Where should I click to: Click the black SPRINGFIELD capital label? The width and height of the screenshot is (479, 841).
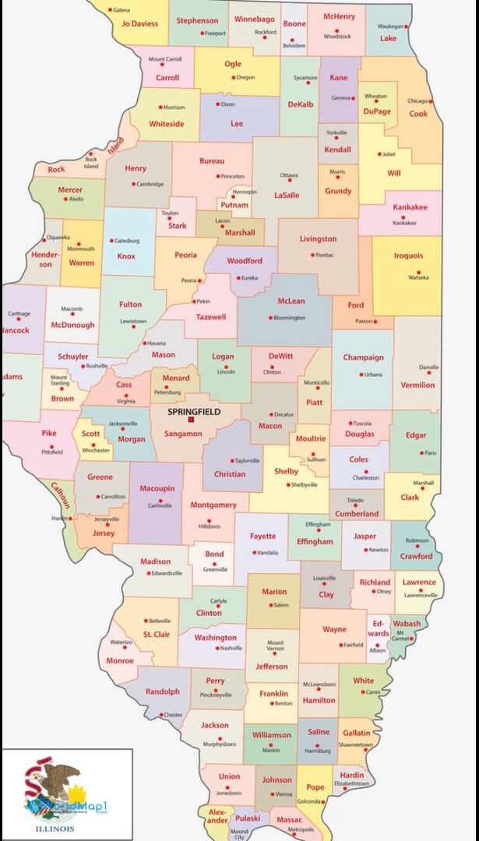(x=194, y=411)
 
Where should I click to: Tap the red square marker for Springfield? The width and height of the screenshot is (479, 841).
(x=191, y=420)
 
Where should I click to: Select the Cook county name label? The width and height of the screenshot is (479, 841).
(x=418, y=114)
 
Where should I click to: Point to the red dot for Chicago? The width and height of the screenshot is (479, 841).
(x=431, y=101)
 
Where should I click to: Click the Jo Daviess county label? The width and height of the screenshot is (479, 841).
(x=139, y=24)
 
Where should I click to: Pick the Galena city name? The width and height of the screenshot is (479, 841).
(x=122, y=10)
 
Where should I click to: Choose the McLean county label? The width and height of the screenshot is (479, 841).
(x=291, y=301)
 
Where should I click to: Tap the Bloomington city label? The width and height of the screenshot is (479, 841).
(x=290, y=318)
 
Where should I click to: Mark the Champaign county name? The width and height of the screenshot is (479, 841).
(x=363, y=357)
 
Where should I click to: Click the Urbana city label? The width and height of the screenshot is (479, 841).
(x=374, y=375)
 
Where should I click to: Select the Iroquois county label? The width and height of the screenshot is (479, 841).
(x=408, y=255)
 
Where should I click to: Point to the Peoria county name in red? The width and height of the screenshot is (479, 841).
(x=185, y=255)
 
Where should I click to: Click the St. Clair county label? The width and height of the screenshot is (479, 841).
(x=157, y=635)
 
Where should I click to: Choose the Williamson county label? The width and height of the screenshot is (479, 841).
(x=271, y=734)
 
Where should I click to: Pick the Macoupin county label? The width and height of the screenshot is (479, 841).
(x=157, y=488)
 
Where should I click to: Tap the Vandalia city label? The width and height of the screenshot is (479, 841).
(x=267, y=552)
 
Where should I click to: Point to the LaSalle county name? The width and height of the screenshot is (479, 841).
(x=287, y=195)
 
